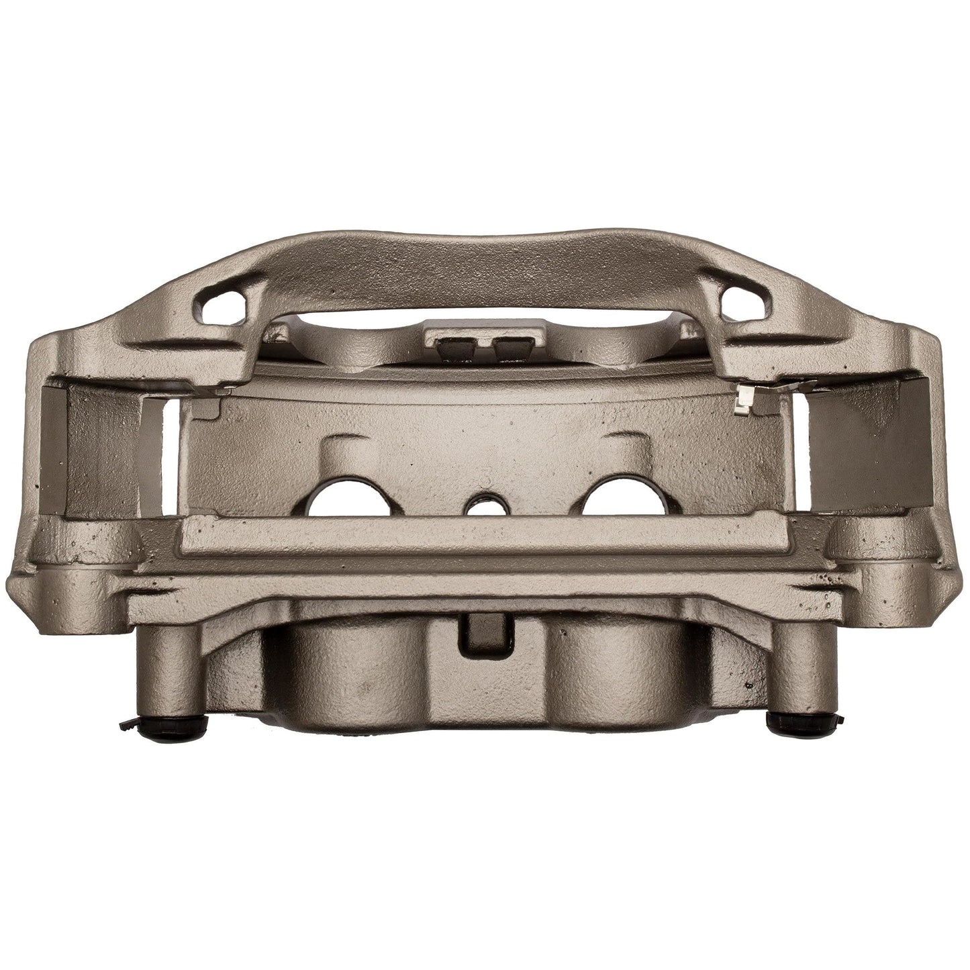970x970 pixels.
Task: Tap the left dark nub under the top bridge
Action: (x=451, y=348)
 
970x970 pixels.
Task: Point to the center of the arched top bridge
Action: (x=483, y=269)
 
